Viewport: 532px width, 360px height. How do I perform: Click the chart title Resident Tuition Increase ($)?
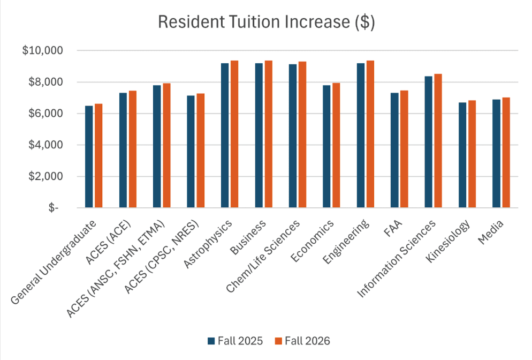pos(266,22)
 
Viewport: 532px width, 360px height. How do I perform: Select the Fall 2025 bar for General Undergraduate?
pos(89,156)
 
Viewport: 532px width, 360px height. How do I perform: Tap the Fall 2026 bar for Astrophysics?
pos(234,134)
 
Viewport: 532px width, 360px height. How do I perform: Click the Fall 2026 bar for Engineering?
pos(370,134)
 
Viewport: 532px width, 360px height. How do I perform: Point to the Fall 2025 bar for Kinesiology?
pos(462,155)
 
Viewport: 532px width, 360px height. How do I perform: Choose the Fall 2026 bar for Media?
pos(506,152)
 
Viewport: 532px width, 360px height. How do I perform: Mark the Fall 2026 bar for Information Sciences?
pos(438,140)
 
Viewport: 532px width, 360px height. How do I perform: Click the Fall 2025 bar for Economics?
pos(326,146)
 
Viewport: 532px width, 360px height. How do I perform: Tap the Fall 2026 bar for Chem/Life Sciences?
pos(302,134)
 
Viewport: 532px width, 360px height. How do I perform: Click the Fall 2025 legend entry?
pos(235,341)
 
